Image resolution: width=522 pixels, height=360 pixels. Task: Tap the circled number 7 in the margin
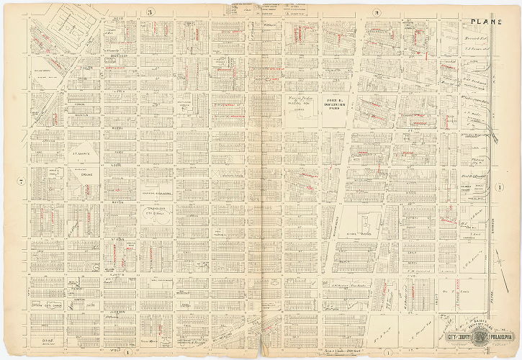pos(22,181)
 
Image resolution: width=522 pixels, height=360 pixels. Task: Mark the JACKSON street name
pos(119,312)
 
